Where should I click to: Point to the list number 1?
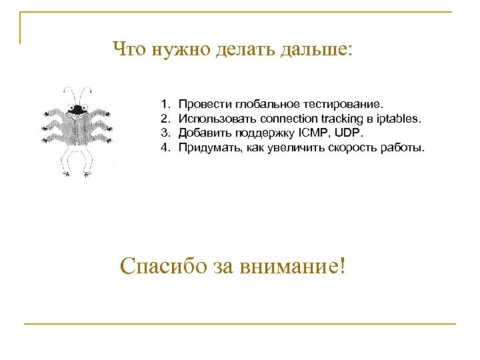click(x=163, y=105)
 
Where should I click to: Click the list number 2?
click(x=163, y=119)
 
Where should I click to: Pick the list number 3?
click(x=163, y=133)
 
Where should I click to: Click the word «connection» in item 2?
click(x=289, y=119)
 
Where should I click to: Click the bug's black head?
click(x=77, y=109)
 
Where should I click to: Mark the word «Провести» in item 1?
click(x=201, y=105)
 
